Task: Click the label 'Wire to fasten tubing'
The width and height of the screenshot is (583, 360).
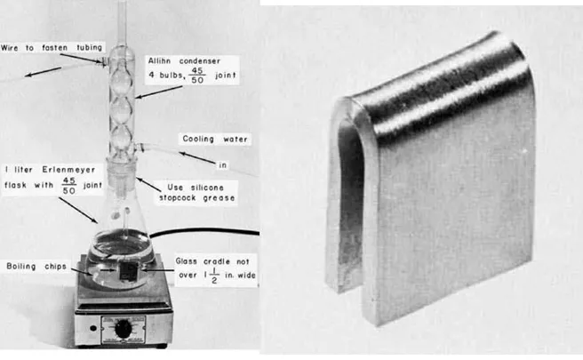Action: click(x=52, y=48)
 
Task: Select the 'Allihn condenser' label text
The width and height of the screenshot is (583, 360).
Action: click(x=184, y=60)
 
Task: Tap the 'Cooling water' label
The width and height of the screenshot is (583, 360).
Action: click(x=214, y=139)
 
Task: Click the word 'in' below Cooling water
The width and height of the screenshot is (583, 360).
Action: click(x=223, y=164)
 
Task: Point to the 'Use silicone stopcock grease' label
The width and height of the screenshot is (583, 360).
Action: click(x=196, y=193)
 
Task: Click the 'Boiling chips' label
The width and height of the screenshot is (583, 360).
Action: click(x=36, y=267)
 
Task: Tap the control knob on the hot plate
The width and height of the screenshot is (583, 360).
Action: click(x=123, y=329)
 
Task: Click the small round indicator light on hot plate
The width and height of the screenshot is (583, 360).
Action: click(x=93, y=328)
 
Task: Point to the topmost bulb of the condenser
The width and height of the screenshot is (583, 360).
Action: click(x=122, y=57)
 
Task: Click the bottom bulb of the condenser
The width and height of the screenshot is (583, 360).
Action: click(x=122, y=138)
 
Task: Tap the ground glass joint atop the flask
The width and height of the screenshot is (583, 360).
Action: click(x=122, y=170)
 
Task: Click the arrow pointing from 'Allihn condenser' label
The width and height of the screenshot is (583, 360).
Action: click(x=159, y=92)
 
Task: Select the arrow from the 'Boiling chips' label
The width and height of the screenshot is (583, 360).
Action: click(x=80, y=271)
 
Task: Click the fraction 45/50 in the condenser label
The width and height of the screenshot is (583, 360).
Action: click(x=197, y=76)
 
